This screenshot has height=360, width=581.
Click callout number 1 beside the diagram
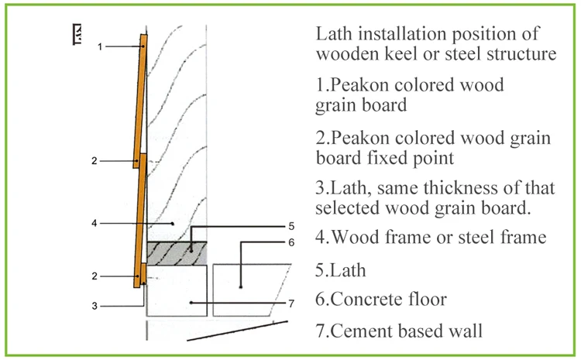point(100,47)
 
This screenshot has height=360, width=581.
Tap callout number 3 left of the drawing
point(95,306)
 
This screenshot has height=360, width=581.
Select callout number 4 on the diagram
point(93,224)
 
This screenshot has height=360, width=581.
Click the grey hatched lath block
point(177,252)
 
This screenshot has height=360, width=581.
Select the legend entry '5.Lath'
point(340,270)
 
